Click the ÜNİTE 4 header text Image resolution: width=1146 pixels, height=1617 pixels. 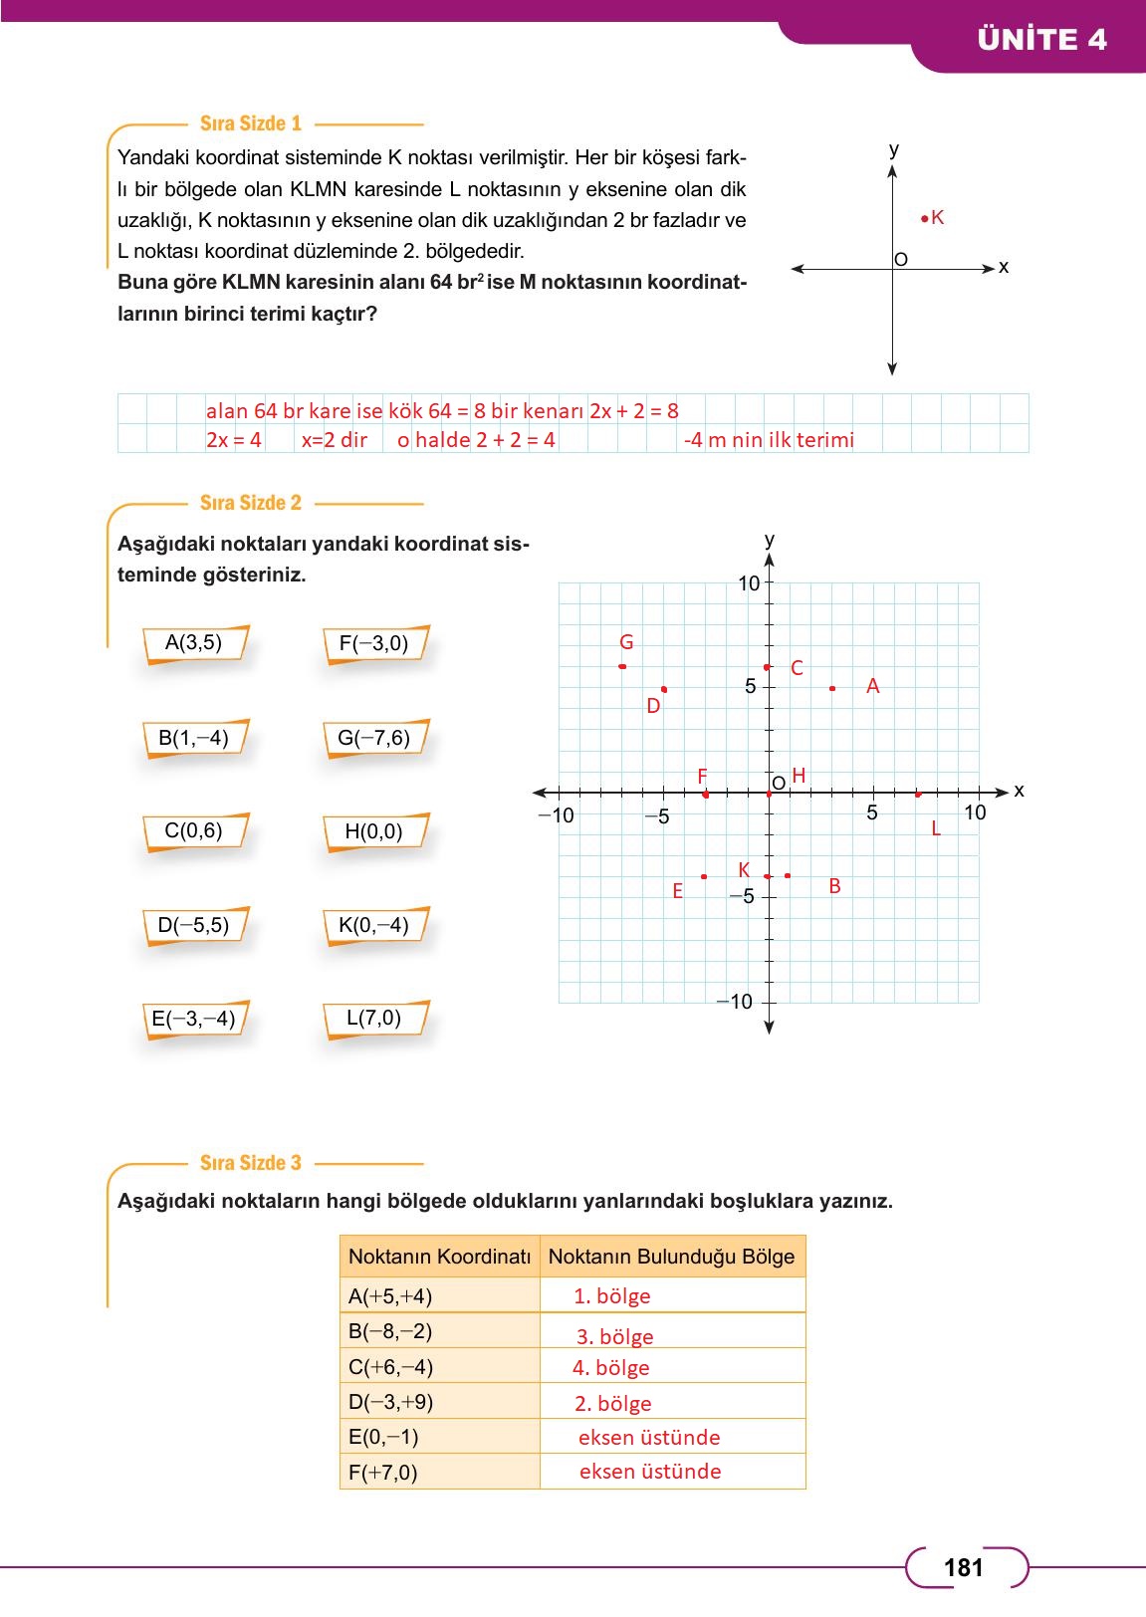tap(1041, 40)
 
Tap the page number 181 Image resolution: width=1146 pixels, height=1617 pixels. tap(963, 1568)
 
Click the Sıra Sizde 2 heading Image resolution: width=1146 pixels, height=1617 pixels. tap(250, 503)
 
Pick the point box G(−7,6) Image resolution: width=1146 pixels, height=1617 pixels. tap(373, 739)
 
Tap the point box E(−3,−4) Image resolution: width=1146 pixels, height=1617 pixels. tap(193, 1020)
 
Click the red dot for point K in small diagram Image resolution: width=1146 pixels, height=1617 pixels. tap(925, 218)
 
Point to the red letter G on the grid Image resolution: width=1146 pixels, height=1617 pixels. tap(626, 642)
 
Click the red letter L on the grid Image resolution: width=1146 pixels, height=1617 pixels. tap(936, 828)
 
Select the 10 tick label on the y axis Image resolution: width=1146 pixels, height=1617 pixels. tap(749, 583)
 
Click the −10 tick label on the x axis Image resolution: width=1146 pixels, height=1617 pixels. tap(556, 815)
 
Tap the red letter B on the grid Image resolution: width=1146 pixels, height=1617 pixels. tap(834, 885)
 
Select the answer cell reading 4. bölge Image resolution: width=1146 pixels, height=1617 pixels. tap(611, 1368)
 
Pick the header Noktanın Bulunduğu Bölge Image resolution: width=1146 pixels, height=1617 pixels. tap(671, 1257)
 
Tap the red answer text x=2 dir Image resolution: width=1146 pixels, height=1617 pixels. tap(335, 439)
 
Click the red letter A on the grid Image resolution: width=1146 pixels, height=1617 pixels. tap(872, 686)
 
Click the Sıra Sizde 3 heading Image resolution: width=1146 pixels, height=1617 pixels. tap(250, 1163)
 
